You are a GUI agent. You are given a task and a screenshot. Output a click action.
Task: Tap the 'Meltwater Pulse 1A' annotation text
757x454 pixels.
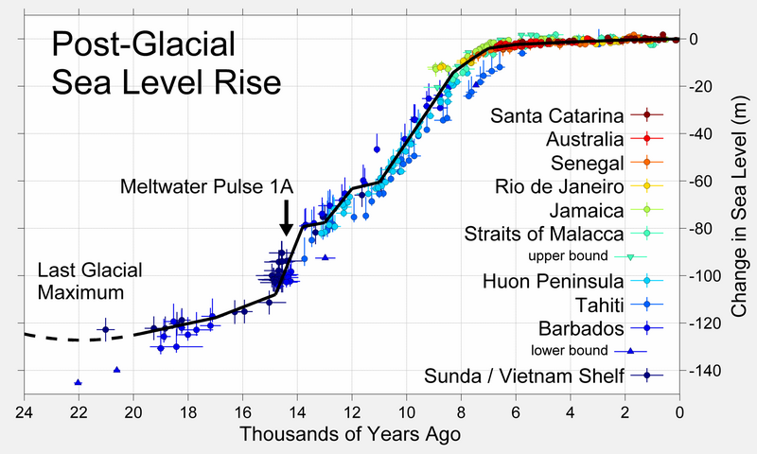coord(207,186)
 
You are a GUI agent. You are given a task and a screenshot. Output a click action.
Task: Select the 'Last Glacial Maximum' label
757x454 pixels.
coord(90,281)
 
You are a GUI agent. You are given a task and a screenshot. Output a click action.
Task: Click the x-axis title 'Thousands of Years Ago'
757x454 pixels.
coord(349,435)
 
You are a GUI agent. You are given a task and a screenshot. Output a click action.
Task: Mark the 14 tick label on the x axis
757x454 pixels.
coord(296,412)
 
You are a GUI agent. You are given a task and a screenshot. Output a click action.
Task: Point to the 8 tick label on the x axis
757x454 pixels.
coord(461,412)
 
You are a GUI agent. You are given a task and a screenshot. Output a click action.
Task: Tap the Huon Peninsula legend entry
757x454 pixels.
coord(553,281)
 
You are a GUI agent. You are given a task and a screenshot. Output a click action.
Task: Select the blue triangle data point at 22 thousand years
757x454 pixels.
coord(78,383)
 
